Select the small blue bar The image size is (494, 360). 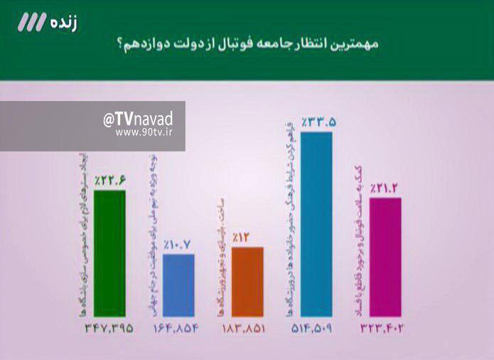178,285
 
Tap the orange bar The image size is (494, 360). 247,281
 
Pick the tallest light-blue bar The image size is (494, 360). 316,224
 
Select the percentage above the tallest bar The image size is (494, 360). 317,123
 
